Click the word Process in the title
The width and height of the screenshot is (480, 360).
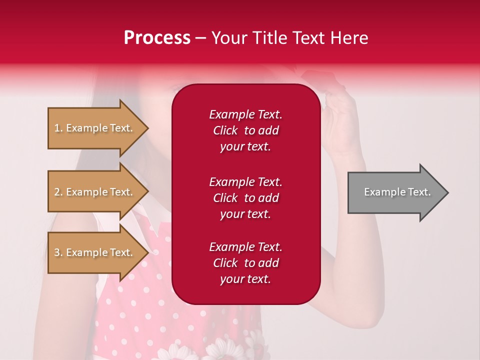(x=157, y=38)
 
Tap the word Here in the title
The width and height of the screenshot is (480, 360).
(x=348, y=38)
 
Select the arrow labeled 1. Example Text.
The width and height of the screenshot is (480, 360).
(x=95, y=128)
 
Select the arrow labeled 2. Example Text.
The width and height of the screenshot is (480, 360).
(x=95, y=192)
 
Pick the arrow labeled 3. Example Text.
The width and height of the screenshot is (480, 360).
(x=95, y=252)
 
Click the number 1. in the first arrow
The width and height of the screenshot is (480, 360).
(x=58, y=128)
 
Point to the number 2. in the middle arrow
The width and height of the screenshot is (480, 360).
(x=58, y=192)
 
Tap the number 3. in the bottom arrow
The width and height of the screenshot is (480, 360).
(x=58, y=253)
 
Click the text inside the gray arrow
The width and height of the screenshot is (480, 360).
(x=397, y=192)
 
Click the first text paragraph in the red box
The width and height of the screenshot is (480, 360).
(x=245, y=130)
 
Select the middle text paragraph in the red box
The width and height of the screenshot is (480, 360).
(x=245, y=198)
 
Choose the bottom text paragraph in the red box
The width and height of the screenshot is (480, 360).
(x=245, y=263)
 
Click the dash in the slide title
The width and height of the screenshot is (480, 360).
(x=200, y=38)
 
